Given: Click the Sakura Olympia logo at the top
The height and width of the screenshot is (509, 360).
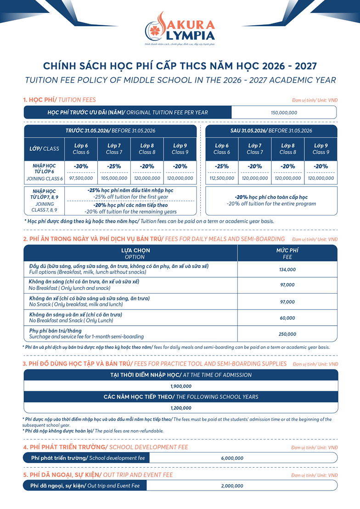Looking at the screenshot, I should tap(180, 29).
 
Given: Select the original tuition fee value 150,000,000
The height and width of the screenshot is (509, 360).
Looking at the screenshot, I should tap(284, 113).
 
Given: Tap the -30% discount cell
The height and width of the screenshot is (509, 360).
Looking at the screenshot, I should tap(81, 166).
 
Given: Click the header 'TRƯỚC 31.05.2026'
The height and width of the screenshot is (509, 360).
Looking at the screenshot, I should tap(110, 131).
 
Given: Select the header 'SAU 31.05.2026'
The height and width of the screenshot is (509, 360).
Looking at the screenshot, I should tap(271, 131).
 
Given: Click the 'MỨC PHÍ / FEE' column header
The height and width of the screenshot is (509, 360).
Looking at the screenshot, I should tap(287, 254).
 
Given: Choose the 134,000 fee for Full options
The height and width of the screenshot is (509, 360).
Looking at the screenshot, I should tap(287, 270).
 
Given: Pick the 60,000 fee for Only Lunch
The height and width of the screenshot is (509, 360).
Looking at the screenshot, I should tap(287, 318).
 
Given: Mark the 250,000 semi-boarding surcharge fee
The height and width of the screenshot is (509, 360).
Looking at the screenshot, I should tap(287, 334).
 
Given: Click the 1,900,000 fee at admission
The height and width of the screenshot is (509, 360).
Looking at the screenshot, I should tap(181, 386).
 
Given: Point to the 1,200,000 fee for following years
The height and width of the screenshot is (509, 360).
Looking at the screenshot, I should tap(181, 408).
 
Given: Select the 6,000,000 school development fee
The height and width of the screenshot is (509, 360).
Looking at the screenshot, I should tap(232, 458).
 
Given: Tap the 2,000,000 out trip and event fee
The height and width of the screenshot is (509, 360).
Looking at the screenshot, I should tap(232, 486).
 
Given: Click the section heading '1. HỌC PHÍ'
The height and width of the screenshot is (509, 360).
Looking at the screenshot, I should tap(40, 100).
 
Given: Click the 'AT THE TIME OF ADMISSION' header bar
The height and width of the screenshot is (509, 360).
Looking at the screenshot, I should tap(181, 375).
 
